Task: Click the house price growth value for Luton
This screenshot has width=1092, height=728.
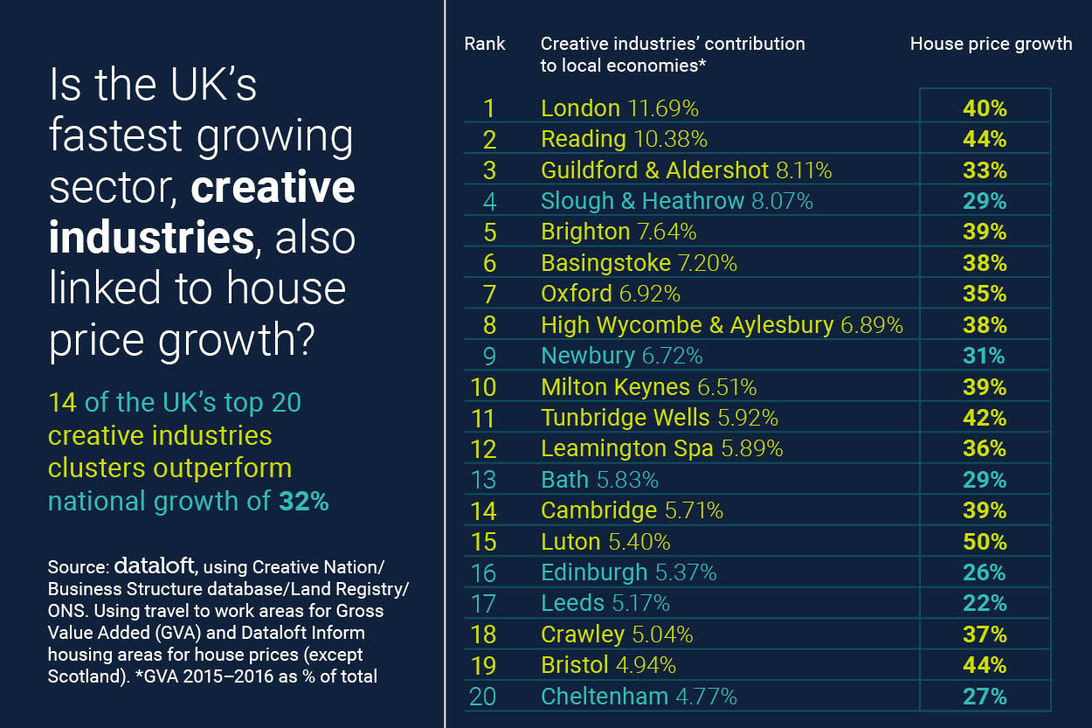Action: pyautogui.click(x=985, y=542)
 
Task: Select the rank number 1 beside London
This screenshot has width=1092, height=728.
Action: pyautogui.click(x=488, y=108)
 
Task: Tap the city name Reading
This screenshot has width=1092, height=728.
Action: pyautogui.click(x=583, y=139)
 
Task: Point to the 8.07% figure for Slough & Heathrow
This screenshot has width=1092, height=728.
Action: pyautogui.click(x=778, y=201)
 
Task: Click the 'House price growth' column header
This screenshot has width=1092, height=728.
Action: pyautogui.click(x=991, y=44)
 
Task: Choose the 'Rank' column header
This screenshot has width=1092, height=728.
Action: pyautogui.click(x=485, y=44)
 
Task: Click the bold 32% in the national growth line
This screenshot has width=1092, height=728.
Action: pyautogui.click(x=304, y=502)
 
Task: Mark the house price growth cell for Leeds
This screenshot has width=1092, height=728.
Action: pyautogui.click(x=985, y=603)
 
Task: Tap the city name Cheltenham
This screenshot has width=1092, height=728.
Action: pyautogui.click(x=605, y=697)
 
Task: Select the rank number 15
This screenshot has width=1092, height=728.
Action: pyautogui.click(x=483, y=542)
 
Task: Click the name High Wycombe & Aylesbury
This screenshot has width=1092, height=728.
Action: pyautogui.click(x=687, y=325)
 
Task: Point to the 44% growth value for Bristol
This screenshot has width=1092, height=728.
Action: pyautogui.click(x=985, y=665)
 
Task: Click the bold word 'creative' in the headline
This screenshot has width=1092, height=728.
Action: pyautogui.click(x=273, y=187)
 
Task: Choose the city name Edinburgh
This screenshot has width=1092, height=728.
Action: pyautogui.click(x=594, y=572)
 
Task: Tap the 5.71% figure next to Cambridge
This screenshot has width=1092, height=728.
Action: pyautogui.click(x=694, y=510)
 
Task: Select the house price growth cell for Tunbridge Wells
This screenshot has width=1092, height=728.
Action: pyautogui.click(x=985, y=418)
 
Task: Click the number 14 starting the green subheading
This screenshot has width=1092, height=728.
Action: pyautogui.click(x=62, y=403)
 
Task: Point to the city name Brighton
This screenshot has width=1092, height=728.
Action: pyautogui.click(x=584, y=232)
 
